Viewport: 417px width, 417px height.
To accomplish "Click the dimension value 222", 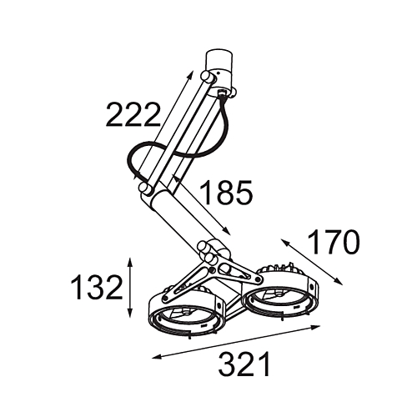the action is tap(133, 114).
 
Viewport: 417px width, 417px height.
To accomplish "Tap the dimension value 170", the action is tap(334, 242).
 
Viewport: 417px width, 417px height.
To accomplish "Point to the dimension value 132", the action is tap(97, 287).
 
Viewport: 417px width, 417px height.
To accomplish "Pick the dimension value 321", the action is tap(244, 364).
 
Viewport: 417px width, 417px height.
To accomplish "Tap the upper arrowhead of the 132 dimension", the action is tap(129, 263).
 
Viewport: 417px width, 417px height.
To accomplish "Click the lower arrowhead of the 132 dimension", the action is tap(129, 313).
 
